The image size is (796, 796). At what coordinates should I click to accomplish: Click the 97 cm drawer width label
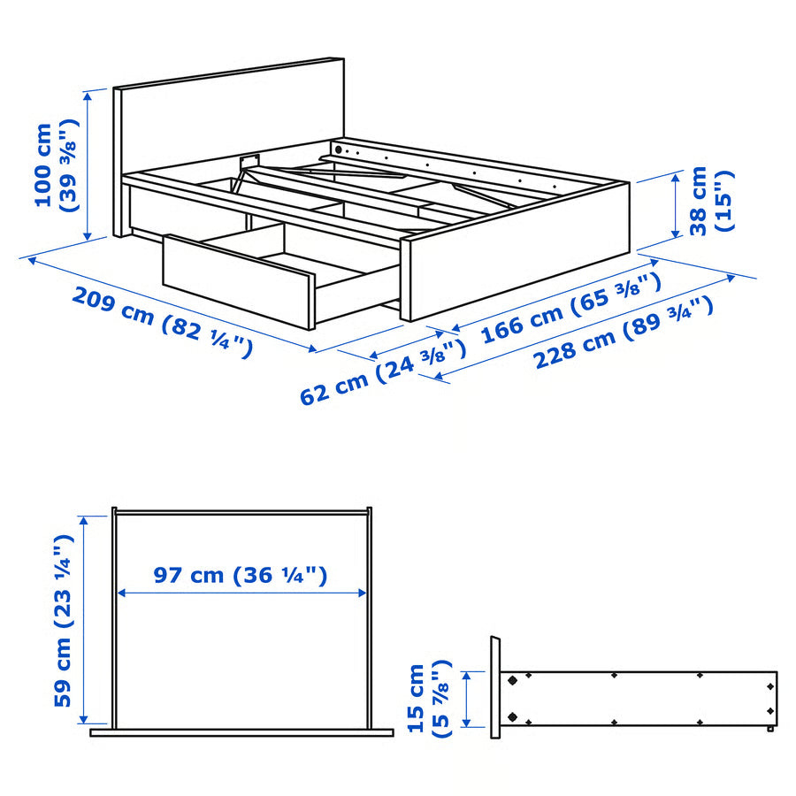click(241, 575)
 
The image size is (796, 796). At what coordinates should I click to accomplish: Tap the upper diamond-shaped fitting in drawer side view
click(511, 681)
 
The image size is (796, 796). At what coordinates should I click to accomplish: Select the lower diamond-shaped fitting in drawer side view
click(511, 716)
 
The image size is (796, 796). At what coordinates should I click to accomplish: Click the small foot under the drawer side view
click(771, 730)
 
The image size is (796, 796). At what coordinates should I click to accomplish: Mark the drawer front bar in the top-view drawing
click(241, 731)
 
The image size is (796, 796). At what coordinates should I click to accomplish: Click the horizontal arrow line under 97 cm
click(241, 593)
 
